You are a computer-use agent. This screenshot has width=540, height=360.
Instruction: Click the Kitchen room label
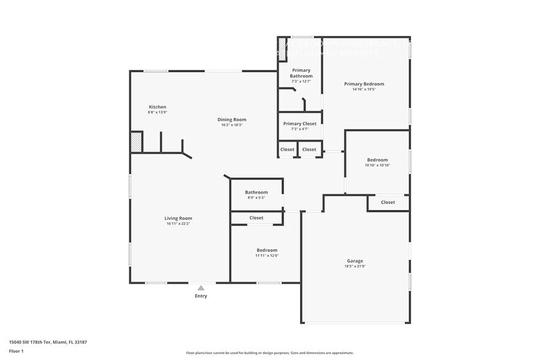[x=157, y=107]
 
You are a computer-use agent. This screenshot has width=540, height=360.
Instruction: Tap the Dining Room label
[x=231, y=119]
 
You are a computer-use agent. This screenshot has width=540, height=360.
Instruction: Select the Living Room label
[x=178, y=218]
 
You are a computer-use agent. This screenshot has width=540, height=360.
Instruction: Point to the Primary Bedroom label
[x=364, y=84]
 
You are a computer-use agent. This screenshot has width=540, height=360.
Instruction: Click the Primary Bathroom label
[x=301, y=73]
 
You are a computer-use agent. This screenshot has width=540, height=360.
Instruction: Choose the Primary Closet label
[x=299, y=124]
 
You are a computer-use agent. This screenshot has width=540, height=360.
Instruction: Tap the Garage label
[x=354, y=261]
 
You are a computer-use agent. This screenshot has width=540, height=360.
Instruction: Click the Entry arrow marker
[x=201, y=287]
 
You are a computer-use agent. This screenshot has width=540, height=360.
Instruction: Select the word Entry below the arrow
[x=201, y=296]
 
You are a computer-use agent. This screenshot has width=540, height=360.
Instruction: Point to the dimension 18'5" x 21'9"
[x=354, y=266]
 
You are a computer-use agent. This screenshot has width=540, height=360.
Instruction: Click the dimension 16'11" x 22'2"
[x=178, y=223]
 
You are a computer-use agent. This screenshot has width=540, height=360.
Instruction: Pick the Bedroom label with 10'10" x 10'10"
[x=377, y=160]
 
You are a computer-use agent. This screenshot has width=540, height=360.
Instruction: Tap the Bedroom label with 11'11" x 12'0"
[x=267, y=250]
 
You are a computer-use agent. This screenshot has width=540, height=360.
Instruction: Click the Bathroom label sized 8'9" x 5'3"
[x=257, y=192]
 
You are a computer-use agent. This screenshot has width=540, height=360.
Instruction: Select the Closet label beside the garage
[x=388, y=202]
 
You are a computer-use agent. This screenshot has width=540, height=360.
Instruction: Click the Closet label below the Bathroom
[x=257, y=218]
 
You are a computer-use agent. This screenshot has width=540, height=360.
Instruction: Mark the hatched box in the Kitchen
[x=136, y=143]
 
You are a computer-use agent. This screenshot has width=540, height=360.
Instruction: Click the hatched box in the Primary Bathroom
[x=283, y=49]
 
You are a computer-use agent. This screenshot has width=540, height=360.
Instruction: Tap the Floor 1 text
[x=16, y=351]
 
